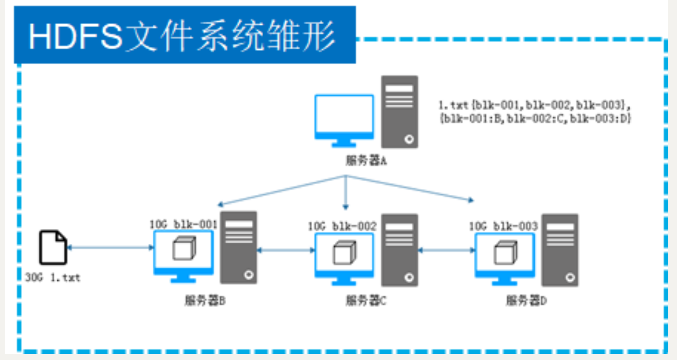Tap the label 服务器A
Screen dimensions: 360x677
tap(366, 160)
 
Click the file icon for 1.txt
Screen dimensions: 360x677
tap(53, 247)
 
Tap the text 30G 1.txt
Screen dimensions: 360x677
tap(53, 278)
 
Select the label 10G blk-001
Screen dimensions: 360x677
tap(182, 225)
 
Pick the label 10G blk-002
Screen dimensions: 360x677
tap(342, 226)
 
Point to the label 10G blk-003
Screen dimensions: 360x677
tap(503, 226)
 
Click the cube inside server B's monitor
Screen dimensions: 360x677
tap(181, 249)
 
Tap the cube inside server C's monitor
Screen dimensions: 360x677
tap(342, 252)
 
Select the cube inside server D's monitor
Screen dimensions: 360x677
tap(503, 252)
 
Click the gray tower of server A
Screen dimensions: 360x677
tap(399, 112)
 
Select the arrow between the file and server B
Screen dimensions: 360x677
tap(111, 248)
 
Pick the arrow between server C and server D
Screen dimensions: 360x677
tap(446, 250)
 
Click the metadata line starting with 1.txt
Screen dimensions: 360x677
tap(534, 106)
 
